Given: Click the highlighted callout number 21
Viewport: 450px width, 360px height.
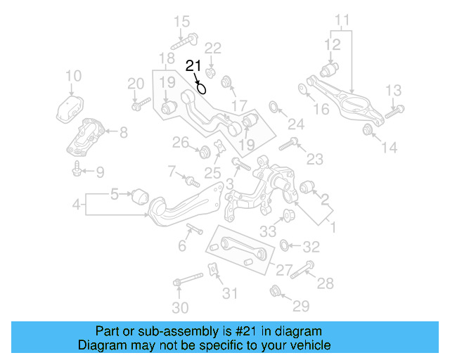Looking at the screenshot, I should (x=193, y=66).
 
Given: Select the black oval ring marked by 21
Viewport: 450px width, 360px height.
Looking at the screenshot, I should (x=202, y=88).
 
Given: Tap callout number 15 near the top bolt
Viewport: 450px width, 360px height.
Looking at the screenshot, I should (x=182, y=21).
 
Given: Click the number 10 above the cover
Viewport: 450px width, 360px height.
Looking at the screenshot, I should (x=73, y=76).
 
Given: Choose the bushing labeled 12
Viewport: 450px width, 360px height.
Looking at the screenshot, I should (x=329, y=70).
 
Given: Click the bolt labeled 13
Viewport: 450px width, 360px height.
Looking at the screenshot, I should (x=396, y=109).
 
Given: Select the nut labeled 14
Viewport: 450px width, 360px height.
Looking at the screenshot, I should (x=368, y=129).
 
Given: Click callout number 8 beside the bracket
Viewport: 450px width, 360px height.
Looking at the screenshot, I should (x=123, y=131).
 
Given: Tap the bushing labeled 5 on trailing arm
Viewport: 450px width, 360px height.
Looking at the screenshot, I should (x=141, y=193).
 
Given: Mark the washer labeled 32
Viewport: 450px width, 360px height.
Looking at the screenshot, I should (x=285, y=246).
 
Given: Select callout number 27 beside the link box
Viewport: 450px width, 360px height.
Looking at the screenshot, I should (x=283, y=269).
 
